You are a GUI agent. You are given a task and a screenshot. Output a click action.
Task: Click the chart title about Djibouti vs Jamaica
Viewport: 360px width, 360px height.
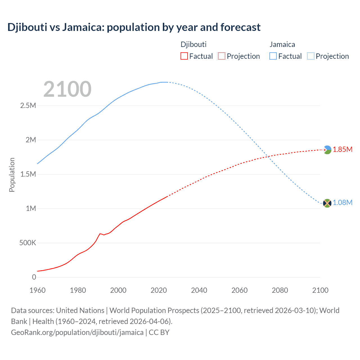pos(134,27)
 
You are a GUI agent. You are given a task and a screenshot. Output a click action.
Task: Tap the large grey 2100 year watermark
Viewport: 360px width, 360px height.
pos(67,89)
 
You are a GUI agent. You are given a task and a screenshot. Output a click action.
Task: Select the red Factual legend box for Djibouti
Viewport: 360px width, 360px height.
pos(184,56)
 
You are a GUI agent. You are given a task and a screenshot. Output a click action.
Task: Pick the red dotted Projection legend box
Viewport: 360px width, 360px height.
pos(222,56)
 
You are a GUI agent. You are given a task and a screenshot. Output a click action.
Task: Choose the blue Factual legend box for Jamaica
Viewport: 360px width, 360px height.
pos(273,56)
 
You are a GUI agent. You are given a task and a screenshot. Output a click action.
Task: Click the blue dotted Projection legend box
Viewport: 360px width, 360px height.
pos(310,56)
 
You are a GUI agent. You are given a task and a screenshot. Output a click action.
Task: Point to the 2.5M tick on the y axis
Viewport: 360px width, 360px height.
pos(28,106)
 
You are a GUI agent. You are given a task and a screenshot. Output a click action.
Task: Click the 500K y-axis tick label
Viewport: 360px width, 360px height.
pos(28,243)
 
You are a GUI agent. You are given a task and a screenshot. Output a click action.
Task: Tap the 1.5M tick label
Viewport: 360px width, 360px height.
pos(28,174)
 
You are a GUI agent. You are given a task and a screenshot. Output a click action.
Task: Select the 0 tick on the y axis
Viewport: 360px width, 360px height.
pos(34,277)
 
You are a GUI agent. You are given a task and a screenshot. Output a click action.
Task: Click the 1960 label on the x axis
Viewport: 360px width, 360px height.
pos(37,290)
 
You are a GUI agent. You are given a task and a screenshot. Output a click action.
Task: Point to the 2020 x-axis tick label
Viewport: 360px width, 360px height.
pos(159,290)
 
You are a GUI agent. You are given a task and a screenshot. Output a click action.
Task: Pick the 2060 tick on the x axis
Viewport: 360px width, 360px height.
pos(239,290)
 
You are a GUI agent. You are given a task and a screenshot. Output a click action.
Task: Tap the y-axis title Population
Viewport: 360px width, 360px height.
pos(12,175)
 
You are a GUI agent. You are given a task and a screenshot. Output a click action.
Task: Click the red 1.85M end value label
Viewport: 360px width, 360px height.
pos(343,150)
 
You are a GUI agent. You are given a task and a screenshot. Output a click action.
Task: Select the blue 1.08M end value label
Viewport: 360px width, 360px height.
pos(343,203)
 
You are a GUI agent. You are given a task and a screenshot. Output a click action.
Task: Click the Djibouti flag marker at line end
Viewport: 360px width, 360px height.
pos(327,150)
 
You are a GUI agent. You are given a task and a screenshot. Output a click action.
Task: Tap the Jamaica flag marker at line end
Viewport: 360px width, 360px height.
pos(327,203)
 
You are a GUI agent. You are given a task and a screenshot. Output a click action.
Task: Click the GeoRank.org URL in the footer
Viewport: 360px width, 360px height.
pos(77,332)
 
